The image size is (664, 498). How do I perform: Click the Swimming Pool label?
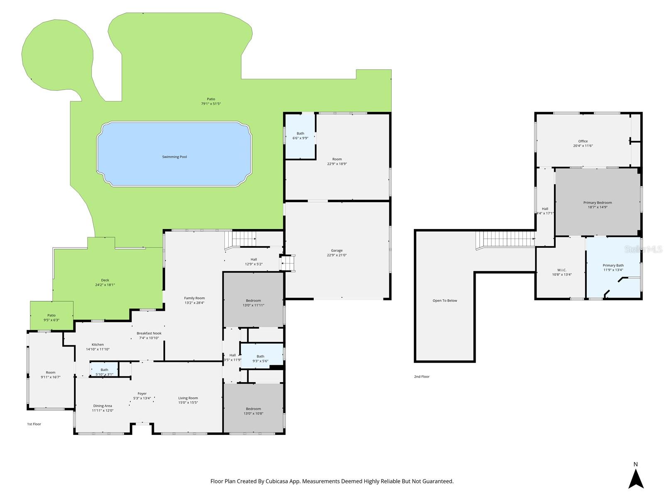coord(174,157)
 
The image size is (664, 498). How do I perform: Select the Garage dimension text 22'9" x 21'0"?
coord(337,255)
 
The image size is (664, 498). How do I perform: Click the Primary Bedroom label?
coord(598,203)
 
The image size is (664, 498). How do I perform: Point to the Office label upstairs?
coord(583,141)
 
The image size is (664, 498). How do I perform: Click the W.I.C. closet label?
coord(562,270)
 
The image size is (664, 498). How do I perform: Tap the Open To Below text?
coord(445,300)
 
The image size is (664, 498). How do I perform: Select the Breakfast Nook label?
coord(149,333)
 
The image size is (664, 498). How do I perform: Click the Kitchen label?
coord(98,344)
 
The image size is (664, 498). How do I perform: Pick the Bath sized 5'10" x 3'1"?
coord(104,370)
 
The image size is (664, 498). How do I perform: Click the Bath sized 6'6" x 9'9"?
coord(300,134)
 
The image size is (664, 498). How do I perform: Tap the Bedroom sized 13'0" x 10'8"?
coord(253,409)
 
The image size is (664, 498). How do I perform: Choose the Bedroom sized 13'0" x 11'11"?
coord(253,300)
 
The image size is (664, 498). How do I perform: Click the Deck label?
coord(105,280)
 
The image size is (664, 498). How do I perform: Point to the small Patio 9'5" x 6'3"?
coord(51,315)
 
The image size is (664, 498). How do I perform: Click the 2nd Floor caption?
coord(422,377)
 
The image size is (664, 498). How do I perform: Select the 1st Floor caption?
coord(34,424)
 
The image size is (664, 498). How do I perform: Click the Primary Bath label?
coord(613,265)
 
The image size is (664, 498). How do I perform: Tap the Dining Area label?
coord(102,406)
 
